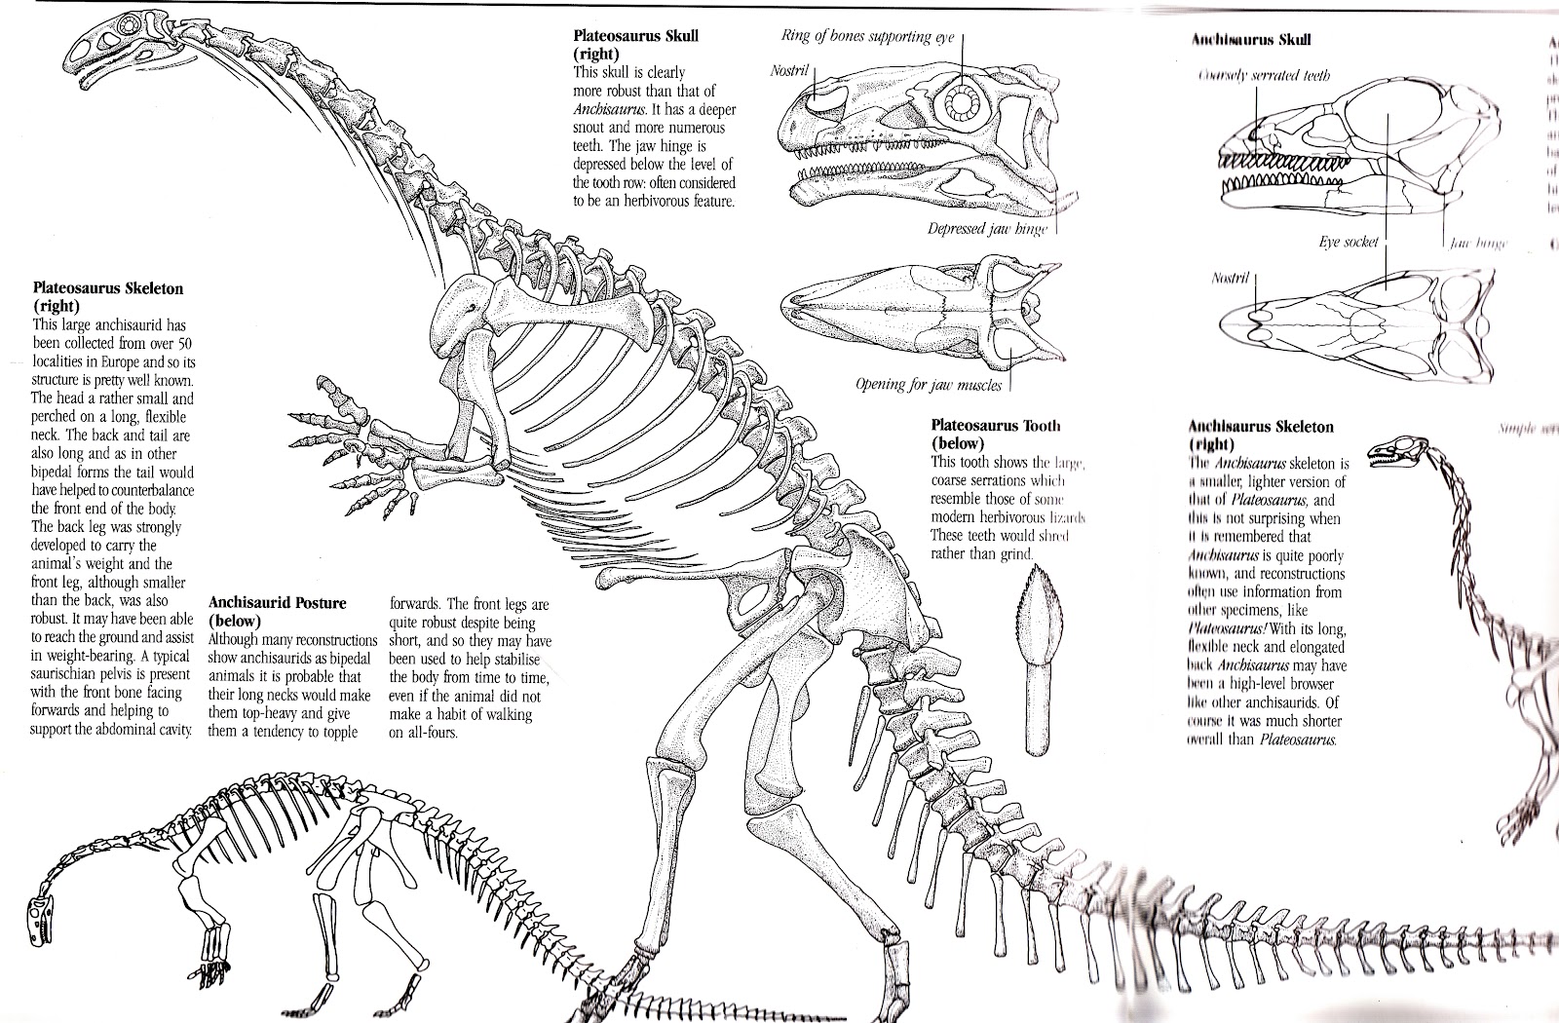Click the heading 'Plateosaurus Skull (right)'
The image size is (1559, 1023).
click(x=635, y=45)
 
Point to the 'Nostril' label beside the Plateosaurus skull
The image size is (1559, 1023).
click(x=790, y=72)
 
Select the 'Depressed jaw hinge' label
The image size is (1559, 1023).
click(x=986, y=230)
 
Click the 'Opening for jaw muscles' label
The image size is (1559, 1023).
click(x=928, y=385)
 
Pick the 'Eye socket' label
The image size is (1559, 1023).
click(x=1350, y=242)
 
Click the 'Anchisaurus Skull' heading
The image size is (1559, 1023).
click(x=1251, y=40)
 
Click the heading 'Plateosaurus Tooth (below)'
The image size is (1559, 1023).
click(x=995, y=435)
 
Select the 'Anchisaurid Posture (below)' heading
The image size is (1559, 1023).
click(x=277, y=612)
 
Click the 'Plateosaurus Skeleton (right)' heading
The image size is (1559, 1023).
click(x=107, y=297)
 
